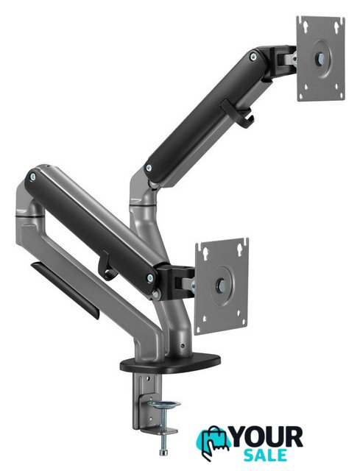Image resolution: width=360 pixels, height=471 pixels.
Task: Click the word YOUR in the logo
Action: coord(267,438)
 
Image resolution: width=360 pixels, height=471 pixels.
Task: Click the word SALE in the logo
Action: coord(265,455)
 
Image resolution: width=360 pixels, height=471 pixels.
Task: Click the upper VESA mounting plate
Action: coord(321,58)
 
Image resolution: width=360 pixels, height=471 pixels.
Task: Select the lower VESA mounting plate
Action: coord(222,286)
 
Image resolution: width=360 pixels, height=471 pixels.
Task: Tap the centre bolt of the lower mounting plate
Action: coord(222,285)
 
